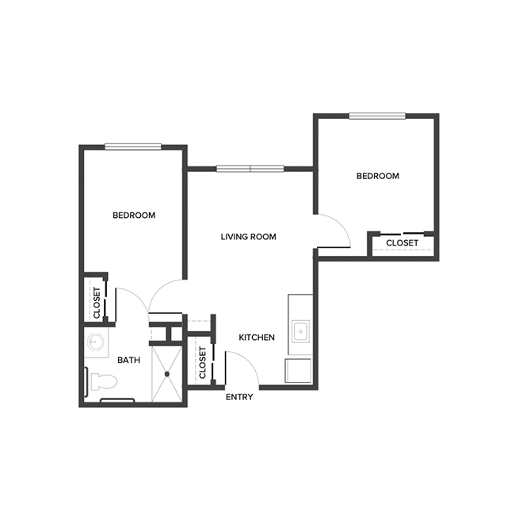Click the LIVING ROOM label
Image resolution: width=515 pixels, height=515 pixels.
(248, 236)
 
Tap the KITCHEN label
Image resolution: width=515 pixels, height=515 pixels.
(257, 338)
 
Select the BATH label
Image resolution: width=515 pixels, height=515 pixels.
(128, 360)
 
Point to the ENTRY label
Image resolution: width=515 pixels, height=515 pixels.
(239, 397)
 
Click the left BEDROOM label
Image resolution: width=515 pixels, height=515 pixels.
(133, 215)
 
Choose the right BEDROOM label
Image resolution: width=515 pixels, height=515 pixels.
(377, 176)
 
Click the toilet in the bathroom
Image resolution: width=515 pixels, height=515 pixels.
(103, 382)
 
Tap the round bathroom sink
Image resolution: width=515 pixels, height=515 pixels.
(97, 343)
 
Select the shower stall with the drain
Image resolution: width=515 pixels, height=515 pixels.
(167, 373)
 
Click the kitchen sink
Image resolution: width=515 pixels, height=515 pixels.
(300, 331)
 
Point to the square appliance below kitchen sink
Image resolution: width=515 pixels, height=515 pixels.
(299, 371)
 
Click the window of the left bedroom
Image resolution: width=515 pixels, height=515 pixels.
(133, 146)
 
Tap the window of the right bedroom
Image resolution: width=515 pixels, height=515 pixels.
(377, 116)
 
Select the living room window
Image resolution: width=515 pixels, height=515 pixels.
(250, 168)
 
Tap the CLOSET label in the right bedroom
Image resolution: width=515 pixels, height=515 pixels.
(402, 242)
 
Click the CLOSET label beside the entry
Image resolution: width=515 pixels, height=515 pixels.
(203, 362)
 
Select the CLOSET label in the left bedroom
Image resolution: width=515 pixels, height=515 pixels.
(97, 302)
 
